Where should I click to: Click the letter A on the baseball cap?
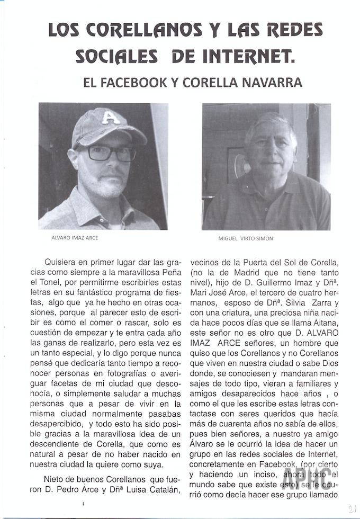point(110,117)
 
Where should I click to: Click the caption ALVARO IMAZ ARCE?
point(74,238)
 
